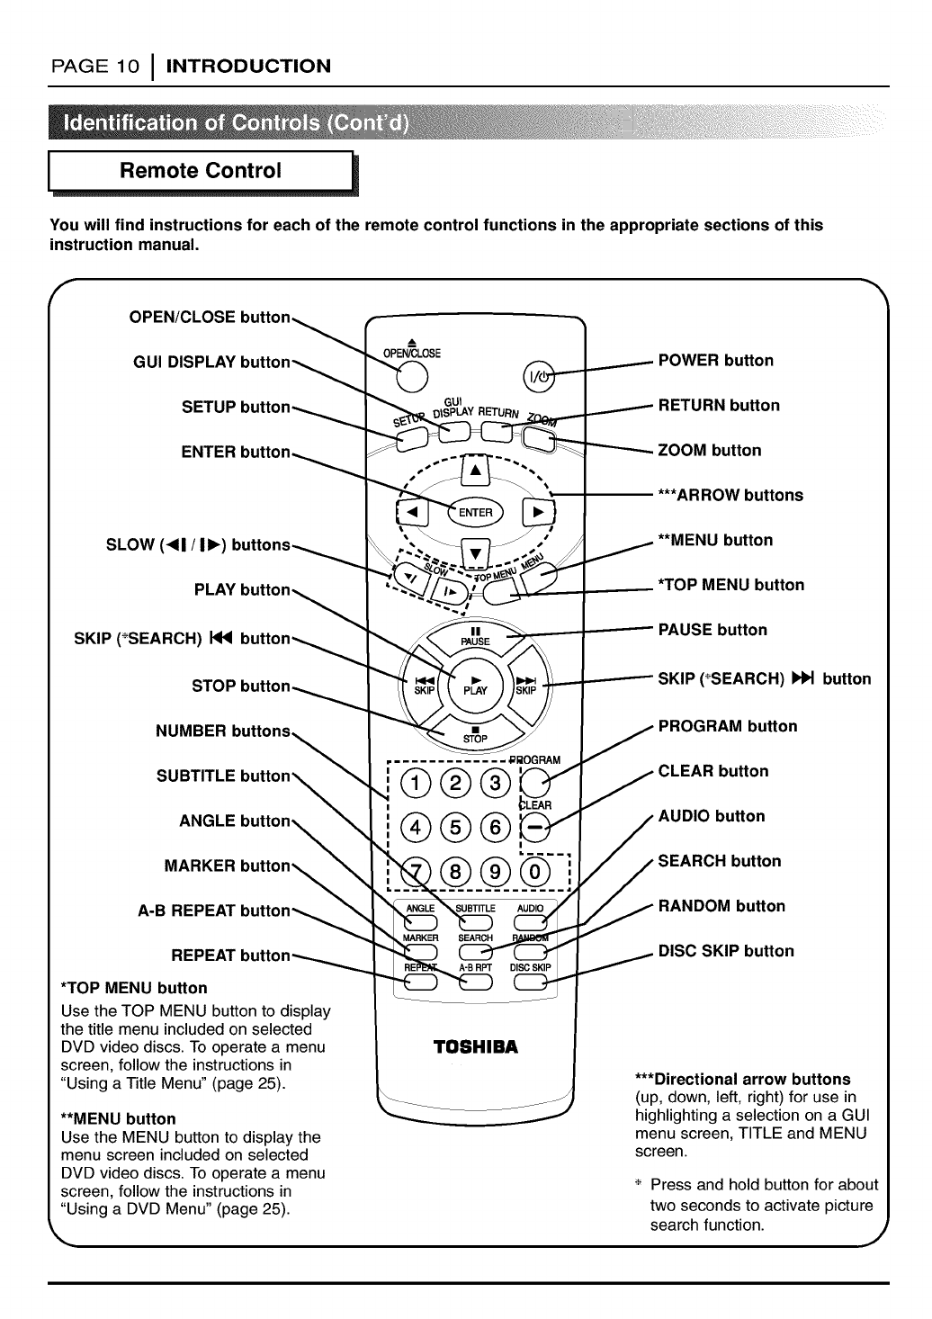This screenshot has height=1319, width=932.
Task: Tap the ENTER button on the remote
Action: click(x=476, y=512)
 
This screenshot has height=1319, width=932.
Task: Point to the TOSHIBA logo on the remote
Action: click(x=476, y=1047)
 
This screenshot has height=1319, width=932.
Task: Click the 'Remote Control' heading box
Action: click(x=202, y=171)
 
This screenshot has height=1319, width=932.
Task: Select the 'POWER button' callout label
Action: click(x=716, y=361)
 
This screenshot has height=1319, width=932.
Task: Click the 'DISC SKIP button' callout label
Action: click(x=726, y=951)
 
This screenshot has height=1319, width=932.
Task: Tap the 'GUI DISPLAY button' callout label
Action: click(x=211, y=362)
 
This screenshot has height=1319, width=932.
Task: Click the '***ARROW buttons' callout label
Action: click(x=730, y=495)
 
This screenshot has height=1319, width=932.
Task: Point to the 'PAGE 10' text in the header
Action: click(x=94, y=66)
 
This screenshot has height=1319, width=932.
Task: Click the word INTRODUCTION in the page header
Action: click(x=249, y=66)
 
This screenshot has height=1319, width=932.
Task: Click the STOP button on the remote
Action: click(x=475, y=731)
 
